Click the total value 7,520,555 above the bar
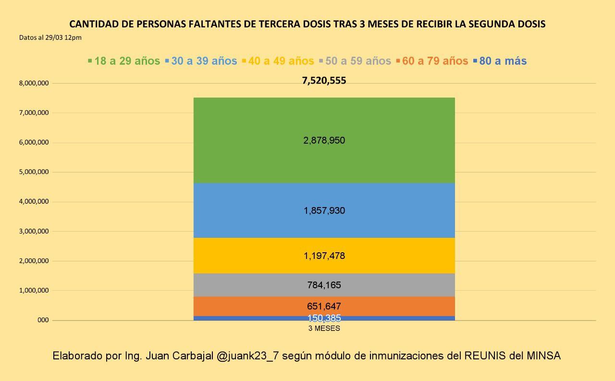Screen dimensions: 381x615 [x=324, y=81]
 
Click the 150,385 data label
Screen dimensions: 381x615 [x=324, y=318]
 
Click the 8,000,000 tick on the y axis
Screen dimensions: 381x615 [x=34, y=83]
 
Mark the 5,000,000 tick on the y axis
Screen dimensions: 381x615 [x=34, y=172]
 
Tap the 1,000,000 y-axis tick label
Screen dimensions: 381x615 [x=34, y=290]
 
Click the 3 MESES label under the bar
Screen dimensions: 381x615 [x=324, y=329]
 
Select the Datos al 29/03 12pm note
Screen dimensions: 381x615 [x=50, y=37]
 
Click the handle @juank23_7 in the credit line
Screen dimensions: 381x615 [x=247, y=356]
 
